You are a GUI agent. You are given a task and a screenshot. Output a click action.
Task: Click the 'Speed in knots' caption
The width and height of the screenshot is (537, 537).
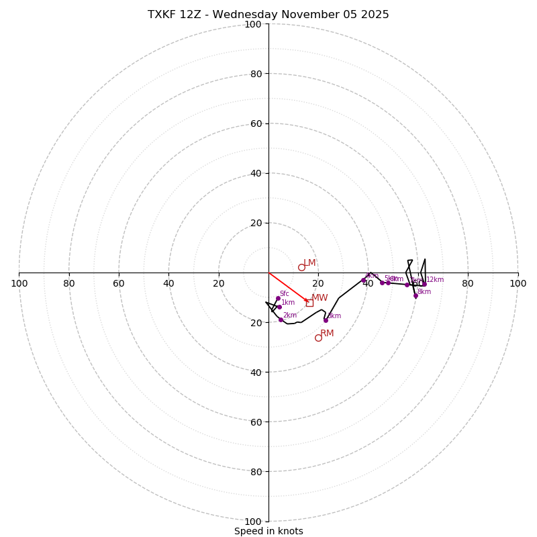(268, 531)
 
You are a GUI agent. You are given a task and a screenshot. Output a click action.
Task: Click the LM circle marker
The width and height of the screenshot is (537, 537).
(301, 267)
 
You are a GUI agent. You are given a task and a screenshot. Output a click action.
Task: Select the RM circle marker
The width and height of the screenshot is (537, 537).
(318, 338)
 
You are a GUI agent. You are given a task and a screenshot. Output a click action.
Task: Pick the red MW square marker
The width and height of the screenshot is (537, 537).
(309, 303)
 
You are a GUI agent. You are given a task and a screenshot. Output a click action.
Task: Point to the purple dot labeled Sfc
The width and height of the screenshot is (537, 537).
(278, 298)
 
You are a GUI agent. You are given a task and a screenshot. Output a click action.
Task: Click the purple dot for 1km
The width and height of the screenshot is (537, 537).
(279, 307)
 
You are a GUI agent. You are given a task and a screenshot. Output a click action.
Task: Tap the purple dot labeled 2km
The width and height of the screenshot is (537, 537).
(281, 320)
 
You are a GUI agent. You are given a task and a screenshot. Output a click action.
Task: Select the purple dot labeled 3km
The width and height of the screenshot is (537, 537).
(326, 320)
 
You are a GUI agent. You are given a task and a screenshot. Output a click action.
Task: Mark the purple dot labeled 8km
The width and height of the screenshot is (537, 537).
(416, 295)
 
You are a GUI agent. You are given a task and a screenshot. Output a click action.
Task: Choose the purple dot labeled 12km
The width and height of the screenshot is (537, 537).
(424, 284)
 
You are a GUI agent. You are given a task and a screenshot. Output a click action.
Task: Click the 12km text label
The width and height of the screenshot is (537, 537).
(435, 279)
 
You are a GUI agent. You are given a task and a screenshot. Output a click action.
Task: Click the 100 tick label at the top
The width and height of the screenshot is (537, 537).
(253, 24)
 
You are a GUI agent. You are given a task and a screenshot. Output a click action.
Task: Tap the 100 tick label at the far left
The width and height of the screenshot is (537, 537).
(19, 283)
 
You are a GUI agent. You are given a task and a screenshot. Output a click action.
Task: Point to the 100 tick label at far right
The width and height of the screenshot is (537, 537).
(518, 283)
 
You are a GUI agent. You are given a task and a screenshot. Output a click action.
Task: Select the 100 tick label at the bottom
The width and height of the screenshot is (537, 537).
(253, 522)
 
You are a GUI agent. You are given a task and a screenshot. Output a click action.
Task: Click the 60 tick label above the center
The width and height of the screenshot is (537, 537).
(256, 124)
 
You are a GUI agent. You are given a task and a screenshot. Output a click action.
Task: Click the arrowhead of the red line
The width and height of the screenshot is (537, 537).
(307, 301)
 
